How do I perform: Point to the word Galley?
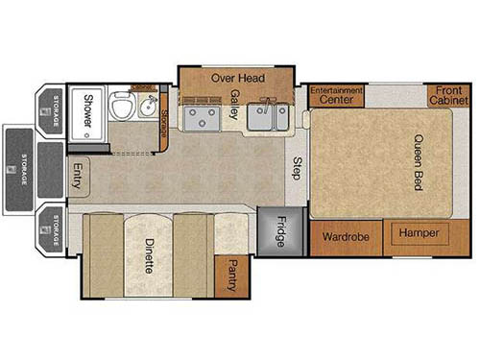tap(234, 103)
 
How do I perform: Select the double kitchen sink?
tap(266, 117)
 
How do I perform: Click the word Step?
tap(298, 167)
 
